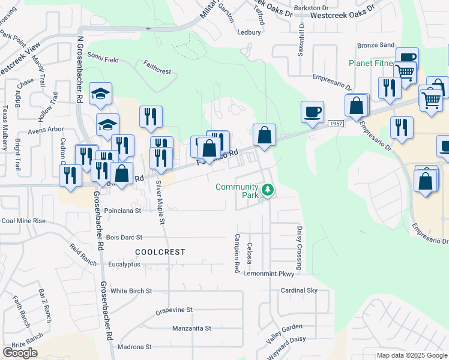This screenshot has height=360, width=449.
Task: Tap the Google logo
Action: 20,353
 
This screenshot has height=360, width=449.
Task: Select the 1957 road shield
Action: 336,123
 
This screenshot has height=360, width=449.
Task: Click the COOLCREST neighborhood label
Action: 160,252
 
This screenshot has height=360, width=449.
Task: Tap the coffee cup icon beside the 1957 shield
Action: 312,112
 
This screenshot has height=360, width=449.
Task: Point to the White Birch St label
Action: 131,291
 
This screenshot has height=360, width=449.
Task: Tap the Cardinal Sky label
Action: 299,290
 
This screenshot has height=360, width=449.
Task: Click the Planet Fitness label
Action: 372,63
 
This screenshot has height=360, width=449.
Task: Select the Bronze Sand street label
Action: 376,45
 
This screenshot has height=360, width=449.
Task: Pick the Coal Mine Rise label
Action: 23,221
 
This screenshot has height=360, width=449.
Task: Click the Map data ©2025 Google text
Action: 412,355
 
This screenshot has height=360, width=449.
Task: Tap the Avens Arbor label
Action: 46,129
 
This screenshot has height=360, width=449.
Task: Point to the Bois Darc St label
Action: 124,238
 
